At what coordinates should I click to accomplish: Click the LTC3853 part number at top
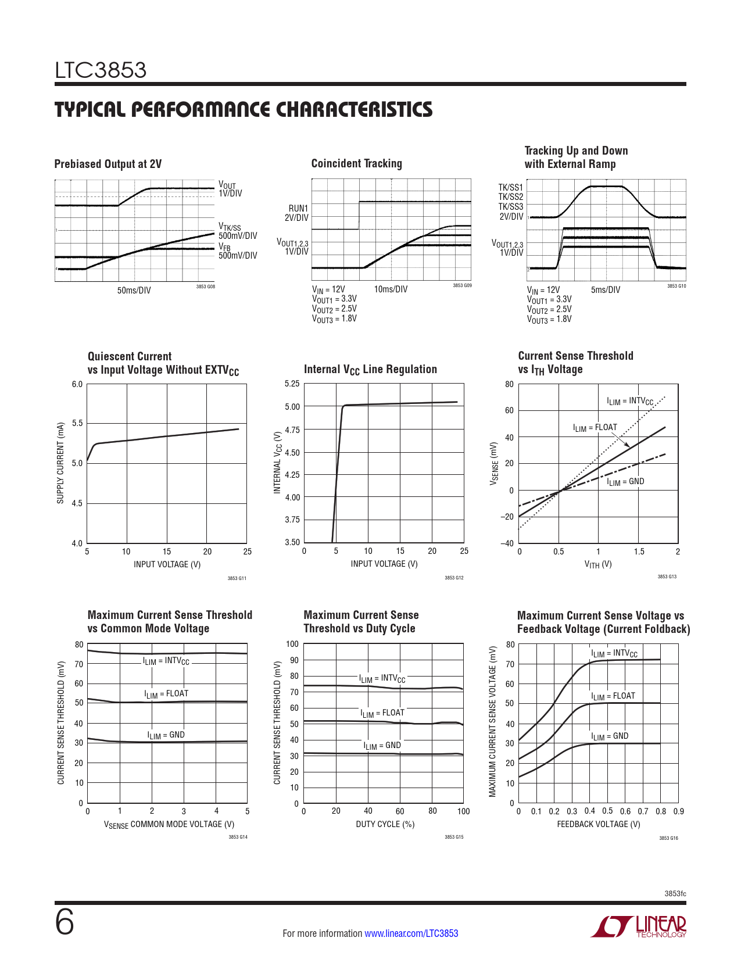101,70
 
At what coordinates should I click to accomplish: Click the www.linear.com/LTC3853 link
411,933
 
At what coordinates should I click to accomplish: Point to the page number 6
65,922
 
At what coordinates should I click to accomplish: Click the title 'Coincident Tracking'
356,163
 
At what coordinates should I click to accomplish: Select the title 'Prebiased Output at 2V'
108,164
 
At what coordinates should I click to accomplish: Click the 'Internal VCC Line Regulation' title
370,370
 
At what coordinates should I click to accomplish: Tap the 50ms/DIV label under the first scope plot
134,290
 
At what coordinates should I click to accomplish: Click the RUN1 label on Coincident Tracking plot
298,208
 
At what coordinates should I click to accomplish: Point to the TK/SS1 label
510,187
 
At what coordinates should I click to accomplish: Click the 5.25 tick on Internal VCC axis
292,384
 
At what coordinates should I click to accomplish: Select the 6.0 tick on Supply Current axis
77,384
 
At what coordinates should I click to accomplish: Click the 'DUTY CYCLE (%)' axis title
385,824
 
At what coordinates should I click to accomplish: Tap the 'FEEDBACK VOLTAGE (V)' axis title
598,824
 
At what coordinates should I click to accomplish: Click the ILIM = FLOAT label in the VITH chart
595,428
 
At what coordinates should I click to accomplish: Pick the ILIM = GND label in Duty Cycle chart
382,746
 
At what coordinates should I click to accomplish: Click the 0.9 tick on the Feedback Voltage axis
678,811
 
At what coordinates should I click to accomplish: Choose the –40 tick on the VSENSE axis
507,543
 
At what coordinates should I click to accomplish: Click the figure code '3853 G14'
238,837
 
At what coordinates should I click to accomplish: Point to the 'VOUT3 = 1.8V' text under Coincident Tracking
334,319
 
